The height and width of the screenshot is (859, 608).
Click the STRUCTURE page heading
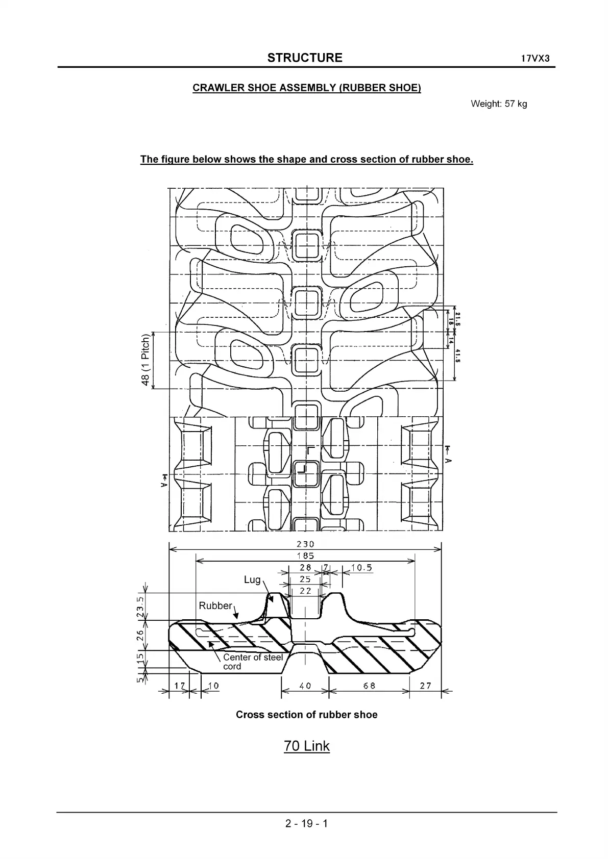click(305, 58)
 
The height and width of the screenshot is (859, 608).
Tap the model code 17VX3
click(535, 58)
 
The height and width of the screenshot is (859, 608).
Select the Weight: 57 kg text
click(499, 104)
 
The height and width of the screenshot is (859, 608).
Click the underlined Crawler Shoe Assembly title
click(307, 88)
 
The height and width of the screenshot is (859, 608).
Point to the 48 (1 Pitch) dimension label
click(146, 360)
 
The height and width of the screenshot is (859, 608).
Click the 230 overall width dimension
click(305, 544)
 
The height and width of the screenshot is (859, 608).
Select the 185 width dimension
click(305, 556)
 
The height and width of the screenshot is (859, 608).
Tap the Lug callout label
click(252, 579)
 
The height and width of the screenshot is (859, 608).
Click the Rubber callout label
click(215, 605)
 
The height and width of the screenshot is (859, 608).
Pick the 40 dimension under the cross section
click(305, 686)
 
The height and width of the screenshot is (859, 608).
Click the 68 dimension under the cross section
click(369, 686)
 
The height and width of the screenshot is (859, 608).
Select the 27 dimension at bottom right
click(425, 686)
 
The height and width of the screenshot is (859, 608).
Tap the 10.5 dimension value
click(361, 568)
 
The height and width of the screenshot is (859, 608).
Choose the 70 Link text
click(307, 746)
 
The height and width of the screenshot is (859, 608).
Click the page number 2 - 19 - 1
click(307, 823)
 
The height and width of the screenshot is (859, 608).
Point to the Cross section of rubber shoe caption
click(306, 715)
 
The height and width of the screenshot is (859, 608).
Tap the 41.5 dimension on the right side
click(457, 356)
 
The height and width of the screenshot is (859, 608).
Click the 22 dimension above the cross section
click(305, 591)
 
